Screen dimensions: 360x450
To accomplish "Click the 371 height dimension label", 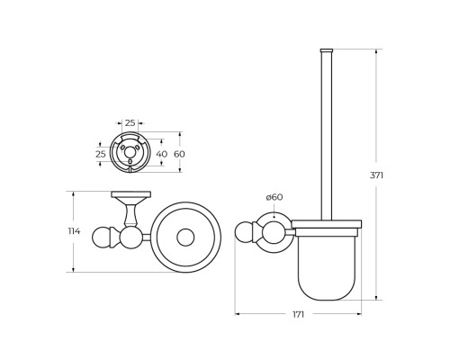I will click(376, 175).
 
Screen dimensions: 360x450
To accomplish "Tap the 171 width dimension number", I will click(298, 314).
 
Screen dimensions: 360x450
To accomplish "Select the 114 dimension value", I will click(74, 231).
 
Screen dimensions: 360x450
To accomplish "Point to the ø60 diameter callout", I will click(274, 197).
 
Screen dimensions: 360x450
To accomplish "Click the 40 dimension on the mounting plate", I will click(161, 154).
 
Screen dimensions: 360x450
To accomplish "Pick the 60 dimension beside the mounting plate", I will click(179, 154).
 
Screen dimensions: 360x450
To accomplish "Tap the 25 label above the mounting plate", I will click(130, 121).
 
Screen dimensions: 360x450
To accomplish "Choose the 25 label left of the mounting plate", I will click(101, 154).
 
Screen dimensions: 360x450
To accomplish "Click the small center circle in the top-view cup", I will click(185, 238).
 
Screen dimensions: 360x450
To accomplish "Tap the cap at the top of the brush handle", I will click(327, 50).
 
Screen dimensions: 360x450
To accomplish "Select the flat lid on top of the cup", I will click(327, 224).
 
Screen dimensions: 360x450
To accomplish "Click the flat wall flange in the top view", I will click(130, 194).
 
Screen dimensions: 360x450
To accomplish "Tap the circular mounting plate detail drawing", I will click(130, 154).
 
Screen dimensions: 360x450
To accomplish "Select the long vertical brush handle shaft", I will click(327, 135).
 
